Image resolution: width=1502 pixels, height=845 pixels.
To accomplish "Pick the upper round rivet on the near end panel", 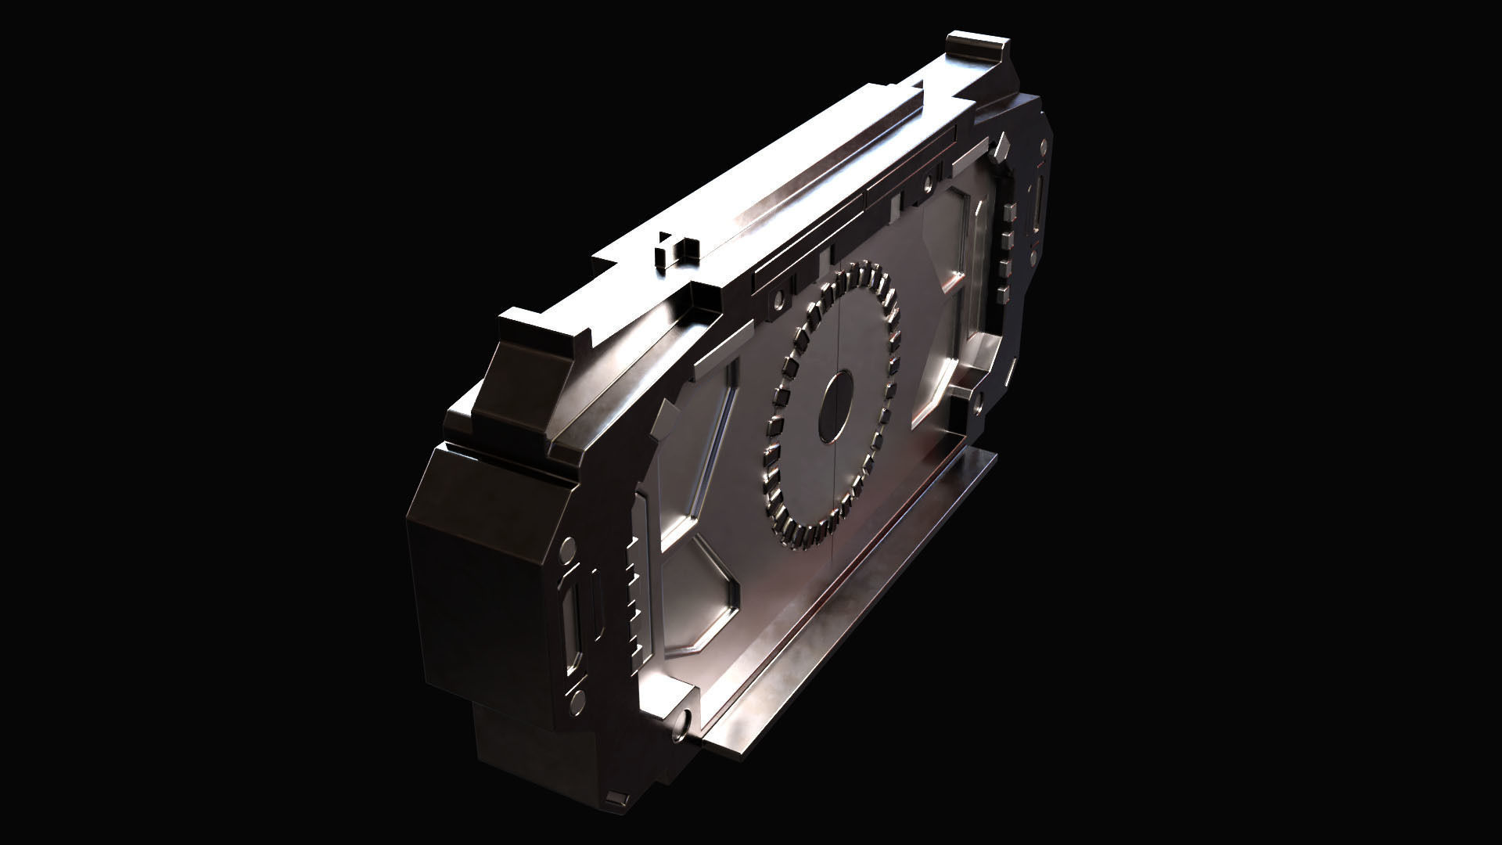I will (569, 545).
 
